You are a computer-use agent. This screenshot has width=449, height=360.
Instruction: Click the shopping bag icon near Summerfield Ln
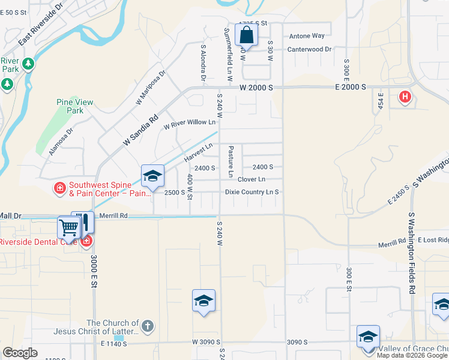247,35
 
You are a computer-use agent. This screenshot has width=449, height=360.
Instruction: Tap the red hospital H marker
405,96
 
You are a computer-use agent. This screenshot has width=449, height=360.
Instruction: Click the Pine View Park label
75,106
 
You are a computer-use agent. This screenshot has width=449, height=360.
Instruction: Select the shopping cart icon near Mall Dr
68,227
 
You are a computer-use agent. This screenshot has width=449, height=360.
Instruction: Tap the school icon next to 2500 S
152,176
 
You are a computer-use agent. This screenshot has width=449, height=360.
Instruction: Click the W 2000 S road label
256,88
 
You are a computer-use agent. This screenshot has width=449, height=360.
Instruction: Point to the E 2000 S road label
350,88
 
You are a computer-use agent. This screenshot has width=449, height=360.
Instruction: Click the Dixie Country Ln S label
252,192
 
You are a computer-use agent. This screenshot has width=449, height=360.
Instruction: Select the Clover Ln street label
252,179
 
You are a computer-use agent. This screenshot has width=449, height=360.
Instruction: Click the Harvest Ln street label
199,152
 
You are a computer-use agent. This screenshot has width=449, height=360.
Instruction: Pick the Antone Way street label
307,36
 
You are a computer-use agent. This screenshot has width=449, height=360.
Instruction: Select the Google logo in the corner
20,353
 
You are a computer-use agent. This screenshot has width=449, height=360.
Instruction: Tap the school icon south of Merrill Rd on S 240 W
203,301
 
